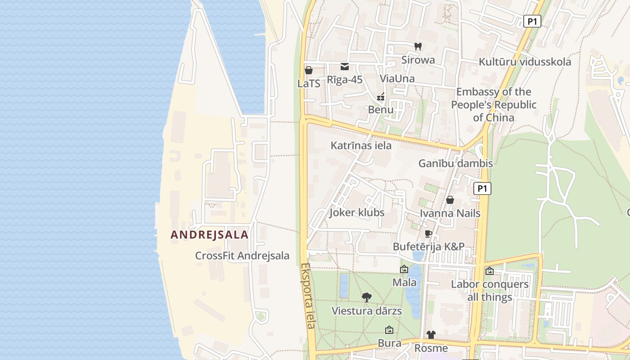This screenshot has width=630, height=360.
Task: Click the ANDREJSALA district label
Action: (x=209, y=234)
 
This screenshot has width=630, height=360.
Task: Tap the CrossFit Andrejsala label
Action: (x=242, y=256)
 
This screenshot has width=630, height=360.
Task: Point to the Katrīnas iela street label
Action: (x=361, y=145)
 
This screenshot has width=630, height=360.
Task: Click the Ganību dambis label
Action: (x=455, y=163)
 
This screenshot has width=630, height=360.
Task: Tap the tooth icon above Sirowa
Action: (x=418, y=46)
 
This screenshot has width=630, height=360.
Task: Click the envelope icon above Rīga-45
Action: (x=345, y=67)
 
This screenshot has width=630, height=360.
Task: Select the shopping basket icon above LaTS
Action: (x=309, y=70)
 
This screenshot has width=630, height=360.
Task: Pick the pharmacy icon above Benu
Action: (x=381, y=96)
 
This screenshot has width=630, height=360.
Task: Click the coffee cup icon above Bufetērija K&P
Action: (x=428, y=234)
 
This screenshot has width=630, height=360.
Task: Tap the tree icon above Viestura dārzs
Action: (x=367, y=297)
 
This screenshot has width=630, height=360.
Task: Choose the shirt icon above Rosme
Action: (x=431, y=335)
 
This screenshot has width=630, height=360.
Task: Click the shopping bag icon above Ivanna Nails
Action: (x=450, y=200)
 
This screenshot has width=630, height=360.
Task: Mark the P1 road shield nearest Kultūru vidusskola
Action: (x=532, y=21)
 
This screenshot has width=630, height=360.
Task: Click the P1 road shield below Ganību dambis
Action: (x=482, y=189)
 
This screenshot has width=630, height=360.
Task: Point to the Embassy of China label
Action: (x=494, y=105)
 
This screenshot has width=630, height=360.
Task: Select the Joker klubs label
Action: (x=357, y=212)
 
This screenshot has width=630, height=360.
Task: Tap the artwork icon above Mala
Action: (x=404, y=269)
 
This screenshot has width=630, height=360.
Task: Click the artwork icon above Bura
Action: (x=389, y=330)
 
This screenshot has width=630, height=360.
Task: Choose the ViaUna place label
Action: (x=397, y=79)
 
